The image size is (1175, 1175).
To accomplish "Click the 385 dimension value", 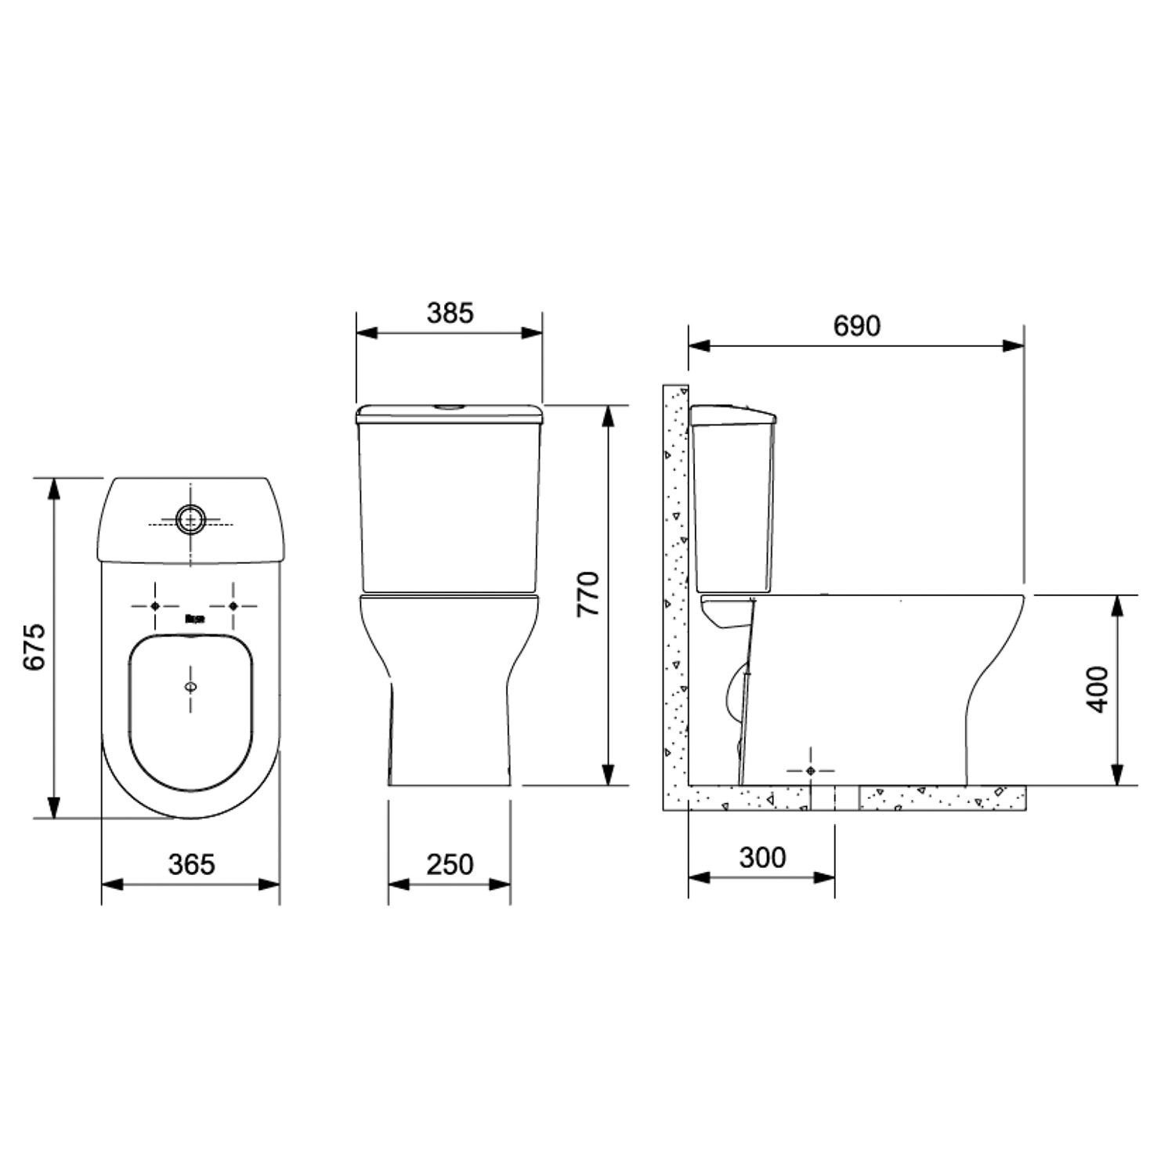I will (x=450, y=313).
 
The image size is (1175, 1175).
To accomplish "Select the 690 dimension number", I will (x=857, y=326).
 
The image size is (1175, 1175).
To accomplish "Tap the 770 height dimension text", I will (x=588, y=594).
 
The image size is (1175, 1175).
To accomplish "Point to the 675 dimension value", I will (x=35, y=647).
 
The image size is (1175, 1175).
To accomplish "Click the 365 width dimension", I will (x=191, y=864).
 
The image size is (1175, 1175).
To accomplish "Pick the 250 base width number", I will (x=450, y=864).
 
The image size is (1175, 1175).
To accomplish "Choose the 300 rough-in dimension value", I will (x=762, y=858).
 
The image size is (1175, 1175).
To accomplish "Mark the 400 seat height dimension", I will (x=1100, y=689).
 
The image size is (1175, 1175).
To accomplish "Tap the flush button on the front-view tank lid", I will (x=450, y=407).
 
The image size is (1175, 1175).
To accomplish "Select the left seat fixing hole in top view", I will (x=154, y=606).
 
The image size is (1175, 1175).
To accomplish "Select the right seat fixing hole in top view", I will (x=233, y=606).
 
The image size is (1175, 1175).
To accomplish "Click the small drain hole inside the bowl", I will (x=191, y=687).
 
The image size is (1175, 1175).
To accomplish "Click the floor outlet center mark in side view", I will (x=811, y=772).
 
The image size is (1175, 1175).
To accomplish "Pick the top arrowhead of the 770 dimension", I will (x=608, y=416).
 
